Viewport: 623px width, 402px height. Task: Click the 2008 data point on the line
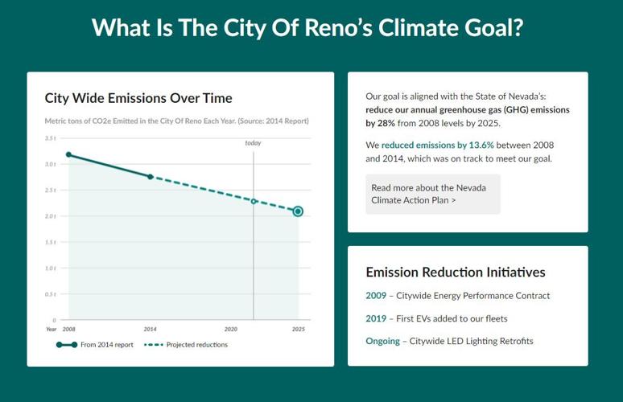coord(68,154)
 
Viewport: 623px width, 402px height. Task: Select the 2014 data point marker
coord(151,176)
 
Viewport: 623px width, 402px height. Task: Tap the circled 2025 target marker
coord(298,211)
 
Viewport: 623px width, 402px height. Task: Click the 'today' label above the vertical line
coord(254,143)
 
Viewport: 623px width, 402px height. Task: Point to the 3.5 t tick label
coord(50,138)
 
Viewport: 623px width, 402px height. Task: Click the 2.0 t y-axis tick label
coord(50,216)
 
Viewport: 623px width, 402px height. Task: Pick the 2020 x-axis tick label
coord(231,330)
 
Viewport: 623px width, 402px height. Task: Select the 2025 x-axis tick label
coord(298,330)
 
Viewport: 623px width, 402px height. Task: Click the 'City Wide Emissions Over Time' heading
coord(138,98)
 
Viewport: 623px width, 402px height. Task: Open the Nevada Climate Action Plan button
coord(432,194)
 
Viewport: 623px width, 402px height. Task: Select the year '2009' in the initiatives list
coord(376,296)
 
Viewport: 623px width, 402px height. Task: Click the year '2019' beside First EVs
coord(376,318)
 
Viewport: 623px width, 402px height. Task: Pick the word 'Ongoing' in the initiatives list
coord(382,341)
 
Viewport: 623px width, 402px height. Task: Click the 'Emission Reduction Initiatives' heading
coord(456,273)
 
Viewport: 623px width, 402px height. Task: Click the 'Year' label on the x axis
coord(51,330)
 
